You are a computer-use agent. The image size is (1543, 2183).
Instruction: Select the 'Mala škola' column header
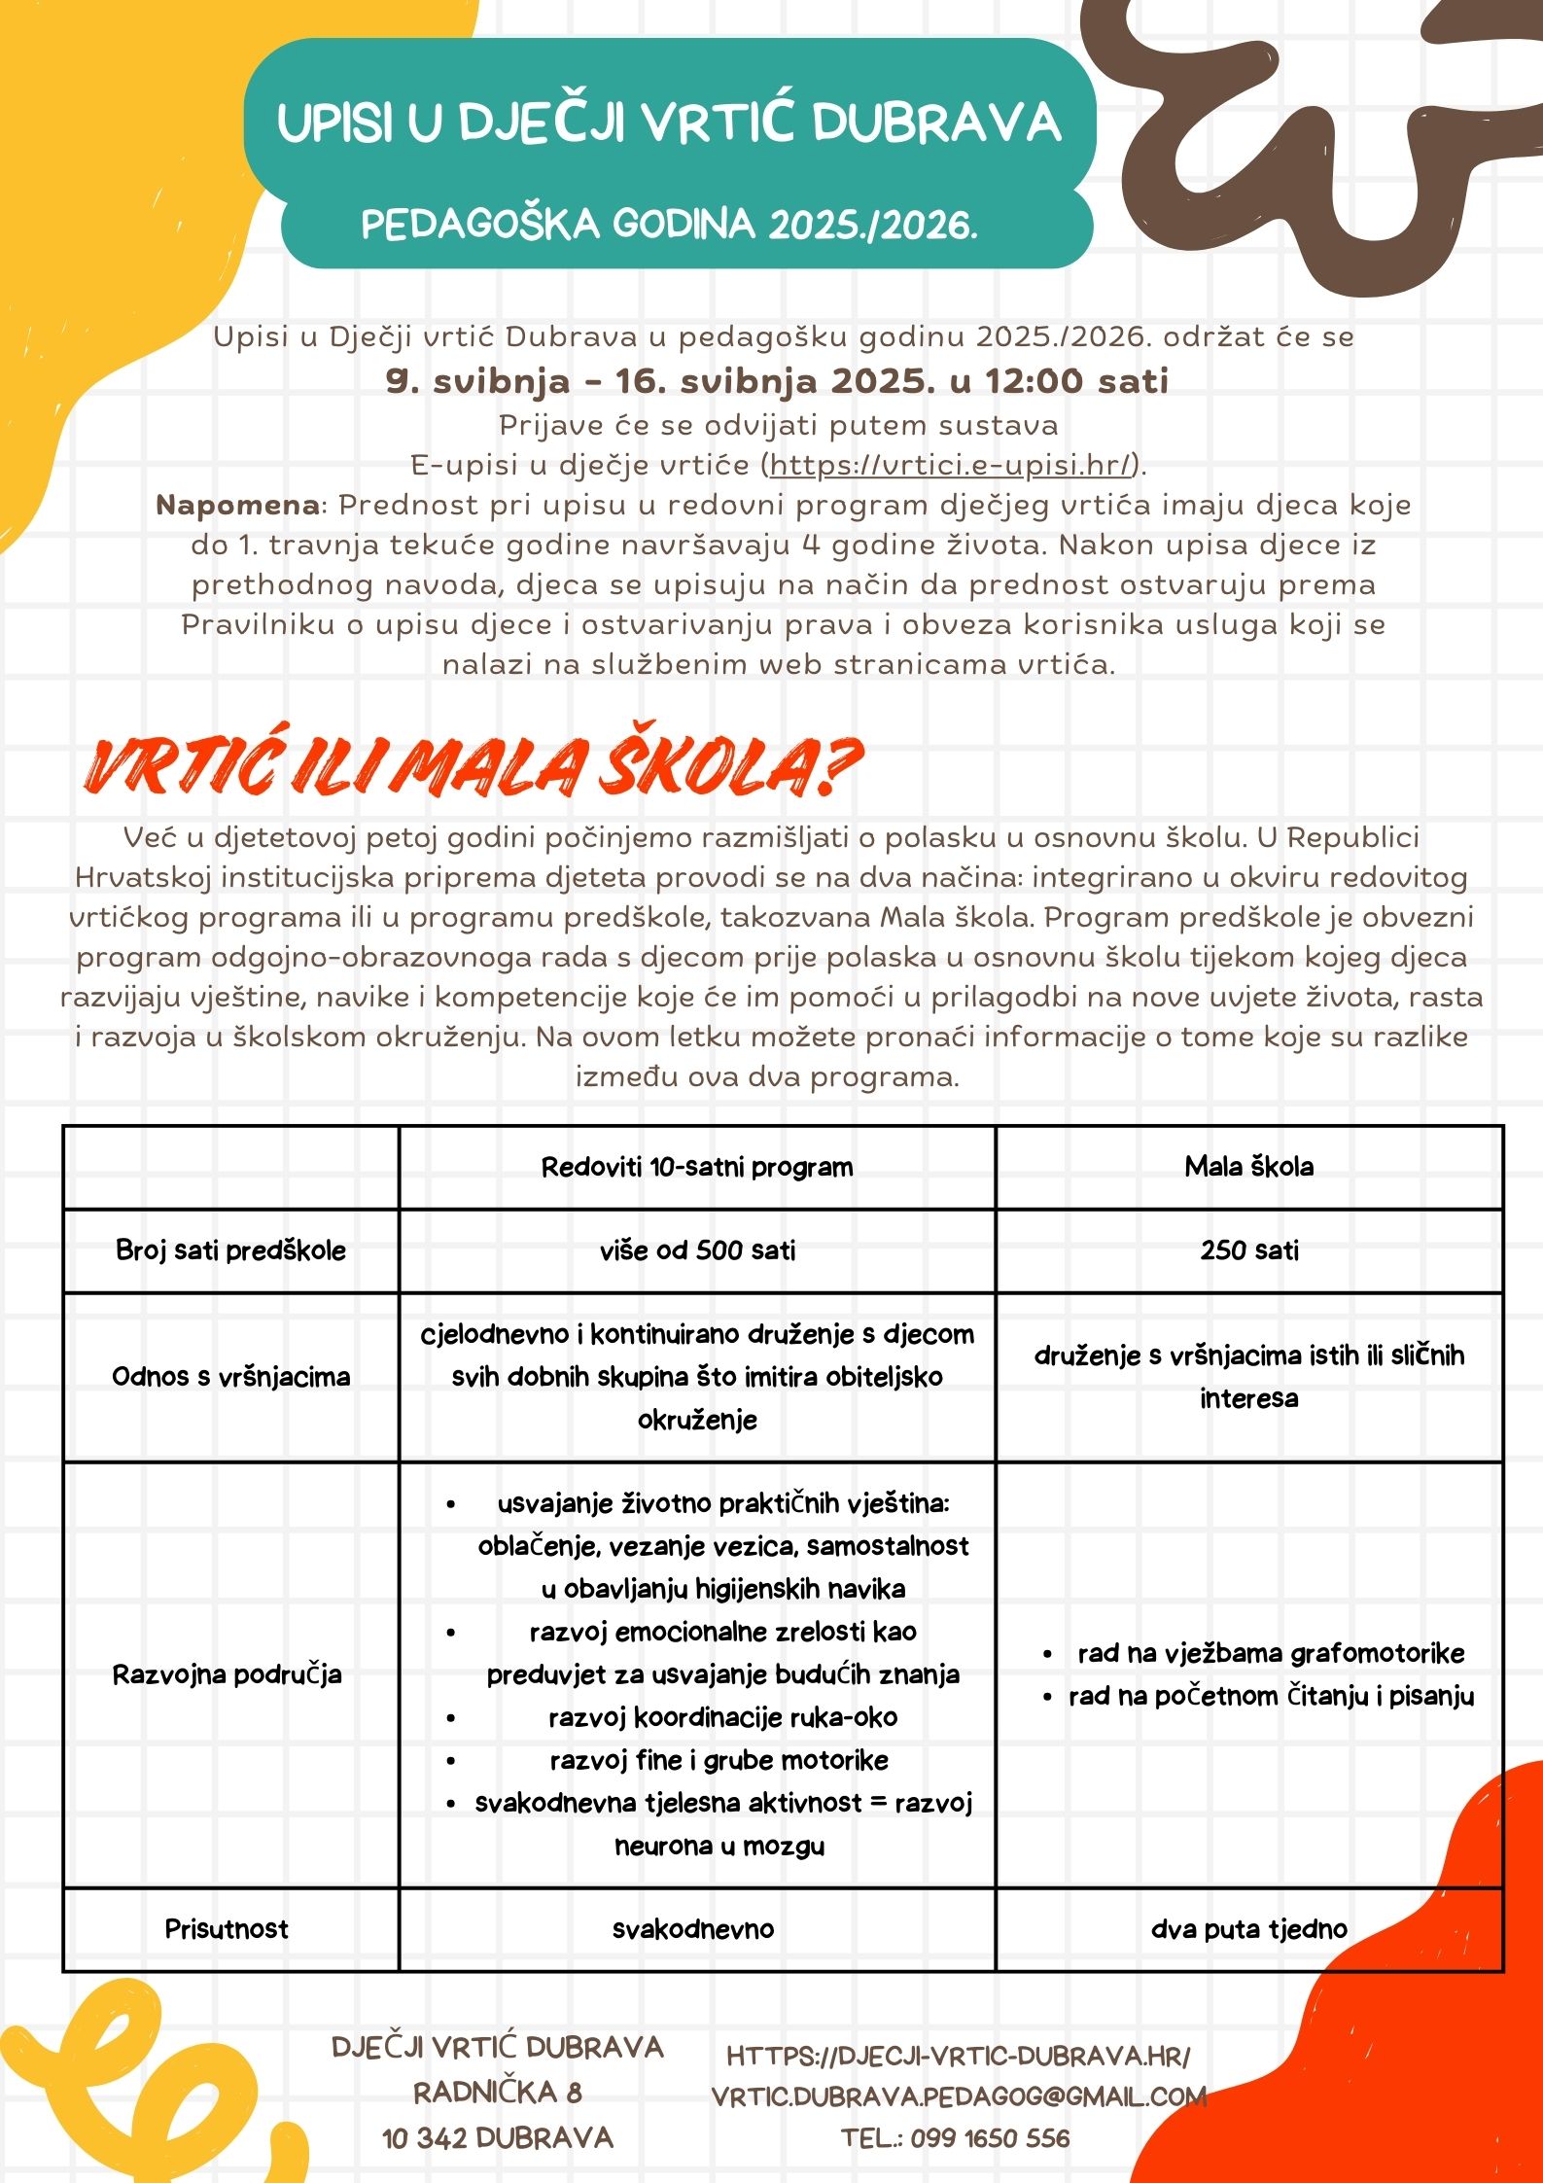(x=1248, y=1167)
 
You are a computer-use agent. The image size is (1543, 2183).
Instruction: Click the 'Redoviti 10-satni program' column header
(x=697, y=1167)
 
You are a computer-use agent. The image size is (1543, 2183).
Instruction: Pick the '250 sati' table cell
(x=1248, y=1250)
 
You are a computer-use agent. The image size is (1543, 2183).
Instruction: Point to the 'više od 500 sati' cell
(x=697, y=1250)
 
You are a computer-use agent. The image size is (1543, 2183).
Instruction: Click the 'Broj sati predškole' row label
(x=230, y=1250)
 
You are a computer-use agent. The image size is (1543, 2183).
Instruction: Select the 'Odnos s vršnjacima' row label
(x=230, y=1377)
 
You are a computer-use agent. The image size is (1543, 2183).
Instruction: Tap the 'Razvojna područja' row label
(x=228, y=1674)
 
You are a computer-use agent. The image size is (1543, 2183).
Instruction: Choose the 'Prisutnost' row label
(x=227, y=1929)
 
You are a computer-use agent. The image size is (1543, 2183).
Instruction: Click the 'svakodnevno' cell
(x=693, y=1929)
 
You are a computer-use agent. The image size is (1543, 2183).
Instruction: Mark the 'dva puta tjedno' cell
(x=1248, y=1929)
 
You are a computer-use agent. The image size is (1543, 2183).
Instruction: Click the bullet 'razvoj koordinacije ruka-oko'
(x=722, y=1717)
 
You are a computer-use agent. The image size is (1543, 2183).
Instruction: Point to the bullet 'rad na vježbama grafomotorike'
(x=1270, y=1653)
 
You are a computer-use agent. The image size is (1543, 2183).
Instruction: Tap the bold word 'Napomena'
(x=237, y=505)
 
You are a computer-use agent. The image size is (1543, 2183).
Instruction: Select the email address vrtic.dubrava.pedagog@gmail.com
(x=959, y=2096)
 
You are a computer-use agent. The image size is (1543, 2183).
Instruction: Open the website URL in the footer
(x=959, y=2056)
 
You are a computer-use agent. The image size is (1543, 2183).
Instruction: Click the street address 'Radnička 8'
(x=498, y=2092)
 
